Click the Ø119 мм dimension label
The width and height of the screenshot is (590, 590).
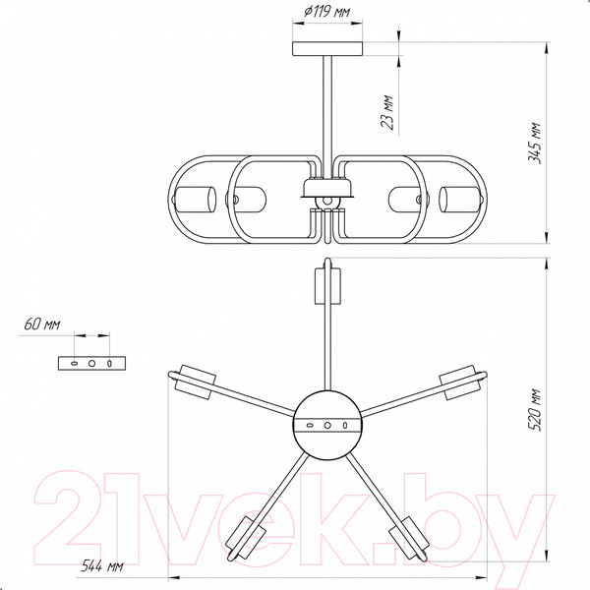pyautogui.click(x=326, y=12)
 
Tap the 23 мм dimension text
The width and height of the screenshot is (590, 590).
pyautogui.click(x=387, y=112)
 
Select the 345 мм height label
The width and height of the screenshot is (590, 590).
pyautogui.click(x=534, y=143)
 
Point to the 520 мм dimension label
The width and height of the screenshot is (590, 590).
pyautogui.click(x=534, y=410)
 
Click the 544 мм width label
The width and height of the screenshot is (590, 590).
pyautogui.click(x=102, y=565)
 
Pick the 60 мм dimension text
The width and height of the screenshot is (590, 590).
pyautogui.click(x=42, y=324)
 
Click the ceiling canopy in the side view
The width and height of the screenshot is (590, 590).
pyautogui.click(x=327, y=49)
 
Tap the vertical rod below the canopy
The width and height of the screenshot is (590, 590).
pyautogui.click(x=327, y=117)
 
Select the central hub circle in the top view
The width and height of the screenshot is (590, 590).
pyautogui.click(x=327, y=425)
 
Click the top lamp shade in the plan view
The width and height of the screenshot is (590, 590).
pyautogui.click(x=327, y=286)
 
